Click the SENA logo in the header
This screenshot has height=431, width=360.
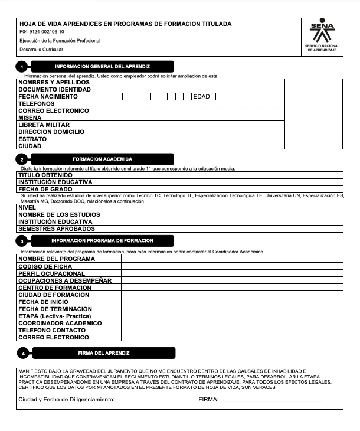coord(322,33)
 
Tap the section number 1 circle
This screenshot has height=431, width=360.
coord(22,67)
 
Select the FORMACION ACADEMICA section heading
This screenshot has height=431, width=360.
coord(102,159)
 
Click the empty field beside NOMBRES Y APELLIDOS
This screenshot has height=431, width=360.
coord(198,82)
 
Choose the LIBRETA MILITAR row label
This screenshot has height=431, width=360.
coord(44,125)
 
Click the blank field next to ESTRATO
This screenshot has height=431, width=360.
coord(198,139)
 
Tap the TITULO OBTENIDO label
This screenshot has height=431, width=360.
coord(45,175)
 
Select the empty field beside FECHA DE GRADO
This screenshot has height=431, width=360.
coord(227,189)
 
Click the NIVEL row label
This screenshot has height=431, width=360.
coord(27,207)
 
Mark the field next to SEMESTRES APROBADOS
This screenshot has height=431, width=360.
coord(227,228)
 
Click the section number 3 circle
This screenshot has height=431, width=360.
coord(22,241)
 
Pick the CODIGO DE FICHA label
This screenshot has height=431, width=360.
coord(45,266)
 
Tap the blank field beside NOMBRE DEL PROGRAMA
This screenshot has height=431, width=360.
coord(231,259)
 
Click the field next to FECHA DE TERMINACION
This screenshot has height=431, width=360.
coord(231,309)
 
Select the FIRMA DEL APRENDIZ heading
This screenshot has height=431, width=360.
coord(103,353)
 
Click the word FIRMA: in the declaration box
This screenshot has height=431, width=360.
coord(208,400)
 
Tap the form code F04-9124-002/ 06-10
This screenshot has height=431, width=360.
coord(41,32)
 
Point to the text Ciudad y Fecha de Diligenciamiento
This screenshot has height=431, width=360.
coord(67,400)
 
